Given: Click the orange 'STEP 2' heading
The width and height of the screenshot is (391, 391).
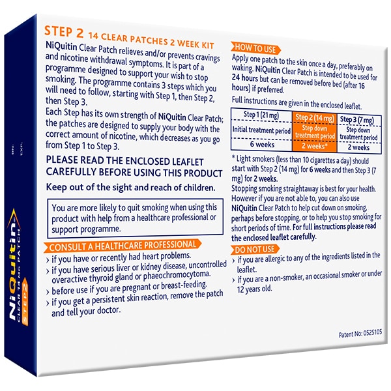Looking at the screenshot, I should click(64, 31).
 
